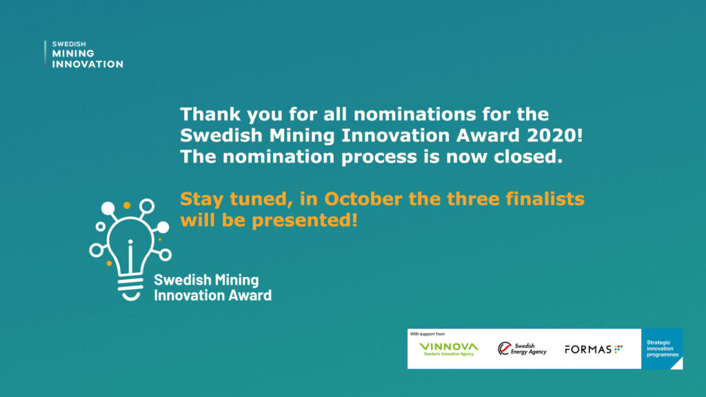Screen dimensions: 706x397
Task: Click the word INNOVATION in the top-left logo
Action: click(88, 64)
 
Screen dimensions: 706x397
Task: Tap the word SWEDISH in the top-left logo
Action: click(69, 44)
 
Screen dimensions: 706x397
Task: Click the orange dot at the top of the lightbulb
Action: click(127, 205)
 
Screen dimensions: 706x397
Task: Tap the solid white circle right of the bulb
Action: click(163, 227)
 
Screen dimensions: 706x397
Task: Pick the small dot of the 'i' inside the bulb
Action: click(130, 242)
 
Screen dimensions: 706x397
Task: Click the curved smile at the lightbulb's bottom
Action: click(131, 296)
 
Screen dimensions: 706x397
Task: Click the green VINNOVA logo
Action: click(448, 349)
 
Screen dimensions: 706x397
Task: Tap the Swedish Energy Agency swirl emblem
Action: click(504, 348)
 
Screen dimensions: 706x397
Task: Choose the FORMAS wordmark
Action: click(588, 349)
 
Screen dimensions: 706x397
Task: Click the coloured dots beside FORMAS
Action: click(618, 348)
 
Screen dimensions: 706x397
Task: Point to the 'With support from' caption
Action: click(427, 334)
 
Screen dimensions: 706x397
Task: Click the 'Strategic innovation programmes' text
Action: click(663, 348)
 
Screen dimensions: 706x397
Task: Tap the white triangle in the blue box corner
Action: click(678, 365)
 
